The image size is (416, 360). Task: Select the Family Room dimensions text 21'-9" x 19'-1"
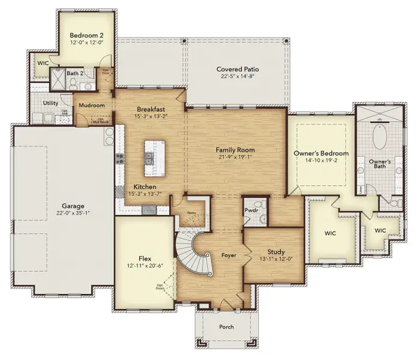pos(235,158)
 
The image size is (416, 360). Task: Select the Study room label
pos(273,251)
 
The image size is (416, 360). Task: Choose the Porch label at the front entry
pos(226,326)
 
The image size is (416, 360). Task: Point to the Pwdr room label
pos(252,211)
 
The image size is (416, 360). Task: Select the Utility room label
pos(50,103)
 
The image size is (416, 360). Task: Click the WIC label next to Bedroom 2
pos(43,62)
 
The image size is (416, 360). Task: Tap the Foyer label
pos(228,255)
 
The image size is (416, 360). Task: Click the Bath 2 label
pos(74,74)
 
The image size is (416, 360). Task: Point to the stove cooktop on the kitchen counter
pos(119,159)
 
